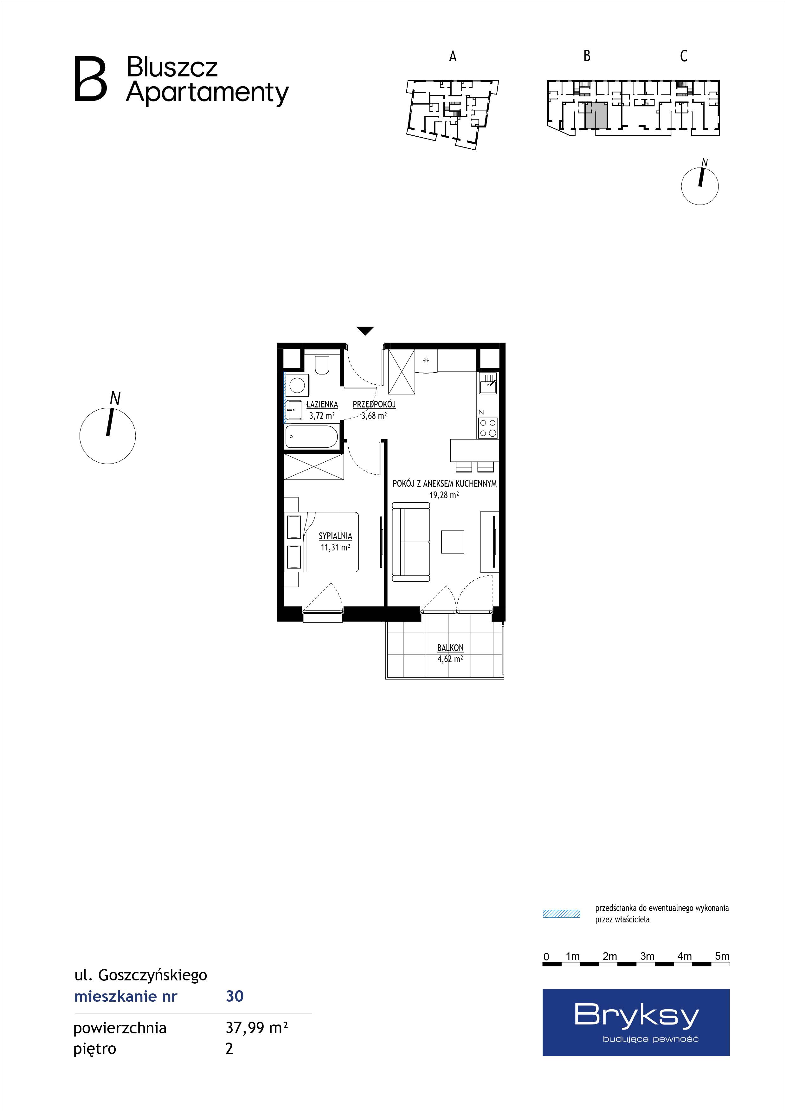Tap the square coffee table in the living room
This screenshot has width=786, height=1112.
pyautogui.click(x=453, y=542)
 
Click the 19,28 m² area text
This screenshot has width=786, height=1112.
pyautogui.click(x=444, y=495)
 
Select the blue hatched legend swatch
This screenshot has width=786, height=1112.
pyautogui.click(x=561, y=914)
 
